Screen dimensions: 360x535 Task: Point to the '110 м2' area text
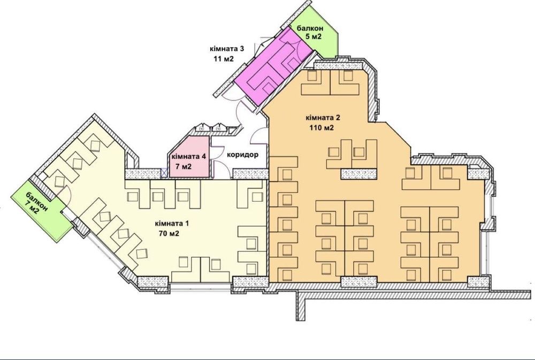322,128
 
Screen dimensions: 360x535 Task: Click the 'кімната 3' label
227,49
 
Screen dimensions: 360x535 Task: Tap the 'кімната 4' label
187,157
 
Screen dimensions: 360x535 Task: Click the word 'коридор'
243,155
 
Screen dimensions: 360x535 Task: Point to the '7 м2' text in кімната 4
187,167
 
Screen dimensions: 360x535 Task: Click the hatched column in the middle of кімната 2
360,173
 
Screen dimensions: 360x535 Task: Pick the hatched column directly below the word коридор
250,173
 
